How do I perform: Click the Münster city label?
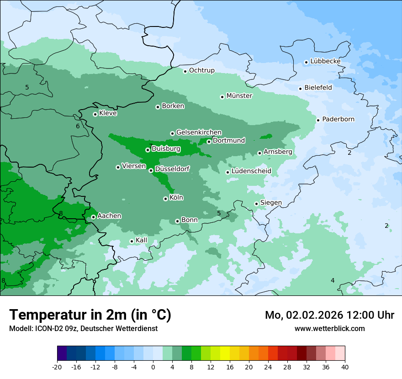(x=239, y=96)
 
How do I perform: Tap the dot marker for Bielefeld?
(x=300, y=89)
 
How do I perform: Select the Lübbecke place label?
(x=325, y=61)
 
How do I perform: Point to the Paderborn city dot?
(x=318, y=120)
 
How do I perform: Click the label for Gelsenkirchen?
(x=199, y=132)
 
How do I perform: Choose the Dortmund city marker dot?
(x=209, y=142)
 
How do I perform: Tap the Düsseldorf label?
(x=172, y=169)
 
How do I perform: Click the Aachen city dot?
(x=93, y=217)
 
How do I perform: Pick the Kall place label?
(x=142, y=240)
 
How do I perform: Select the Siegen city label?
(x=271, y=203)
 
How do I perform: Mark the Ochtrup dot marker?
(x=185, y=71)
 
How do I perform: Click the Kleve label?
(x=108, y=113)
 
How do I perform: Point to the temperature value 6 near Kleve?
(x=78, y=126)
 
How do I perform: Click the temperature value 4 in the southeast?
(x=333, y=280)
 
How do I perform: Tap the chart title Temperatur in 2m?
(x=90, y=315)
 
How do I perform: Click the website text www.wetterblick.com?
(x=329, y=328)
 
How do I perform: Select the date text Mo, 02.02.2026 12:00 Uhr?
(x=329, y=315)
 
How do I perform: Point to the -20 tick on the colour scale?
(x=57, y=367)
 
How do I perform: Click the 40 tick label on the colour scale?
(x=344, y=367)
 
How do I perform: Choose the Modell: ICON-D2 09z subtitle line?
(x=83, y=329)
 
